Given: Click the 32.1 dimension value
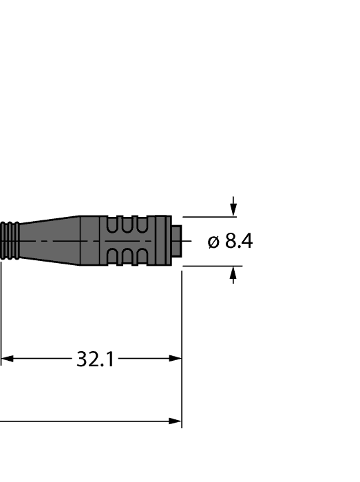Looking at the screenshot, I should [x=95, y=359].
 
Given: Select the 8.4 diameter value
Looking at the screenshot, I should [x=239, y=242].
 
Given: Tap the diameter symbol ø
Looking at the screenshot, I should [x=213, y=242].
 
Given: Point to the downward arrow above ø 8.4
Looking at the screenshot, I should [x=233, y=207].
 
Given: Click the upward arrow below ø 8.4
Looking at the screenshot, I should [x=233, y=275].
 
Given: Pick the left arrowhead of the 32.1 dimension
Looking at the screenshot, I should [x=7, y=359].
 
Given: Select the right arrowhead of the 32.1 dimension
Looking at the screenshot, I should [x=175, y=359].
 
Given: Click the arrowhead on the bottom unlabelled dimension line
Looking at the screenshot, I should [x=175, y=421].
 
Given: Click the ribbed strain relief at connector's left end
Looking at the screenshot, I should [x=10, y=241].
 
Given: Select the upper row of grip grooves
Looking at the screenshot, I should [x=127, y=224].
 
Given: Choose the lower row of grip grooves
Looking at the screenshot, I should [x=127, y=257].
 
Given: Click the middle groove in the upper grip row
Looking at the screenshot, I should [x=127, y=224].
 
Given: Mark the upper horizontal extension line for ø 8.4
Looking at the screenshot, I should [x=207, y=216].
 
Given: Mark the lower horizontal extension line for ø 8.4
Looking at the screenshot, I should [x=207, y=266].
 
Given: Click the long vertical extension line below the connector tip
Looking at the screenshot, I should [x=182, y=344].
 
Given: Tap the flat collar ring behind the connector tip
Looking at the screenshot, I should [x=162, y=241].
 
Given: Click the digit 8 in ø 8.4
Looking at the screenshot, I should [x=231, y=242].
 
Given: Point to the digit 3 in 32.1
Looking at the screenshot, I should [x=82, y=359].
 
